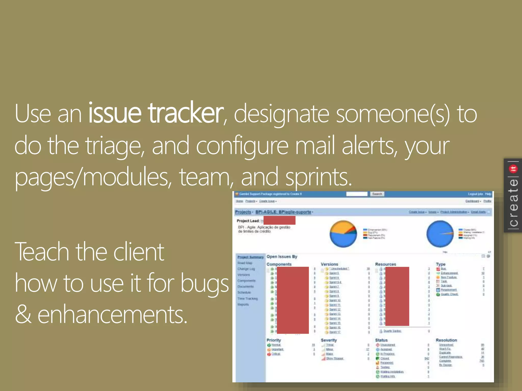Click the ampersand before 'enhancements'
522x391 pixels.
(x=23, y=314)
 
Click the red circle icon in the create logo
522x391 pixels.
(x=513, y=169)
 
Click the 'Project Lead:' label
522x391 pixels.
(x=248, y=221)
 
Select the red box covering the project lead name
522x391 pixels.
(x=279, y=220)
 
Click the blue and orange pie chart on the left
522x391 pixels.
(x=343, y=234)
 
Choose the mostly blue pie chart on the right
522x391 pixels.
(x=440, y=234)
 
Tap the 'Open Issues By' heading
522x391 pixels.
(x=282, y=257)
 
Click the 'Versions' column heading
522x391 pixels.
(x=329, y=264)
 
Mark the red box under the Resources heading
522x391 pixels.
(x=397, y=296)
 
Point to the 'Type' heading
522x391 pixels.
(x=440, y=264)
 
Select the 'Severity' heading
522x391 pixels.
(x=329, y=340)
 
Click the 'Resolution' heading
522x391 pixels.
(x=446, y=340)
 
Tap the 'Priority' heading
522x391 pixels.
(x=274, y=340)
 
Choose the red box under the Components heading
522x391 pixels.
(x=293, y=300)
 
